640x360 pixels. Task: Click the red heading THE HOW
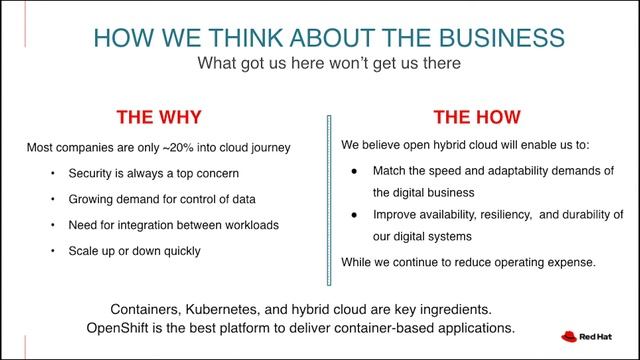pos(478,115)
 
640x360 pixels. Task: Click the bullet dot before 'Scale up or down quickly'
pos(52,251)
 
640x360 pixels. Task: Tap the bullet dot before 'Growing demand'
pos(52,199)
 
